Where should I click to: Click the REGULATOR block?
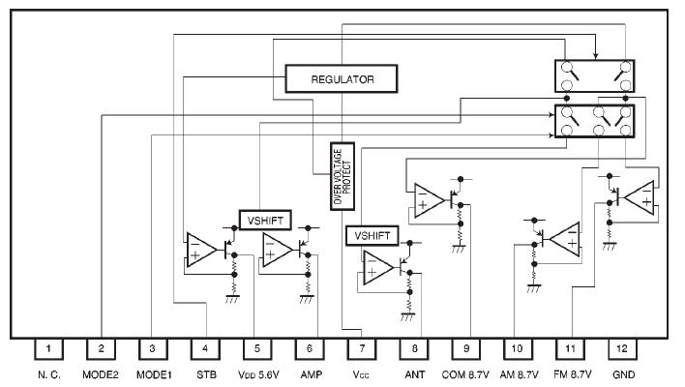(342, 77)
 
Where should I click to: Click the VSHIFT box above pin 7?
(371, 235)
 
